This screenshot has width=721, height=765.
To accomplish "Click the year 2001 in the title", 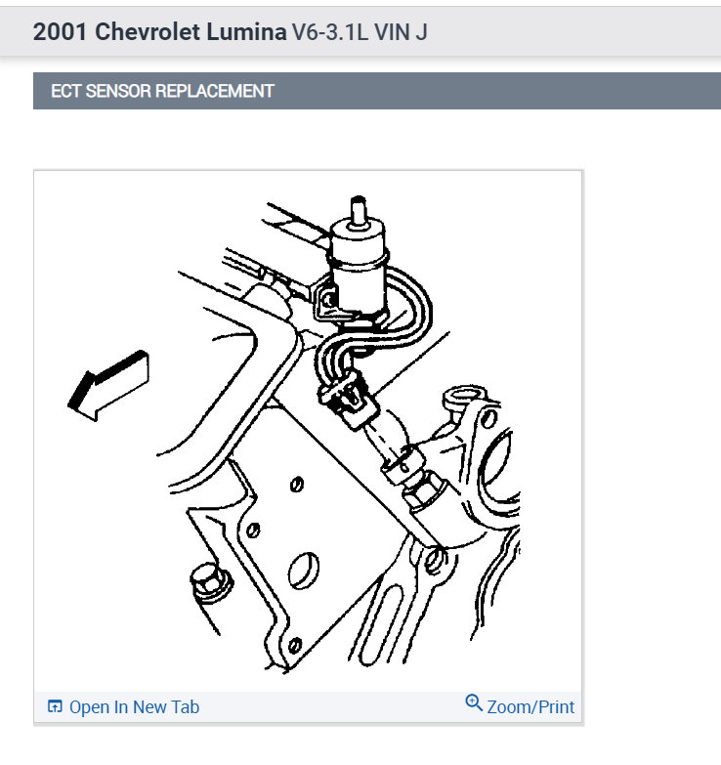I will [x=61, y=31].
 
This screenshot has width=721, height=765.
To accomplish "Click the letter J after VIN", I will [x=422, y=31].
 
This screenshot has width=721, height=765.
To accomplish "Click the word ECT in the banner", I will [x=66, y=92].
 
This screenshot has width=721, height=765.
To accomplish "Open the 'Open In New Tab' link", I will [x=134, y=706].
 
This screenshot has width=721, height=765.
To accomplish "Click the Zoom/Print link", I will [x=530, y=706].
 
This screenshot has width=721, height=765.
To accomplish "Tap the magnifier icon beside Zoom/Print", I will [x=474, y=703].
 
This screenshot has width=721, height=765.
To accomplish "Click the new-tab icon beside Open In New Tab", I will [x=55, y=706].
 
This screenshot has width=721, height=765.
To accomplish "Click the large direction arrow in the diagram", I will [x=107, y=384].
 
